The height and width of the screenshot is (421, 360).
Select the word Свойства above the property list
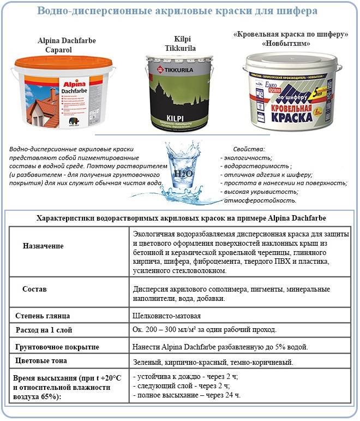coord(249,149)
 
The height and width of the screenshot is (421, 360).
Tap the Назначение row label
coord(43,246)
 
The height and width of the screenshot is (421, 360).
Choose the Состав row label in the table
coord(35,288)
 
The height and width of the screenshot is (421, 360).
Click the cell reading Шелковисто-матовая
coord(167,316)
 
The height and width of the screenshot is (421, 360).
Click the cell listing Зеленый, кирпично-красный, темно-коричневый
coord(213,362)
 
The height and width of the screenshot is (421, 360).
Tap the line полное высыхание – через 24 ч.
coord(186,395)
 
